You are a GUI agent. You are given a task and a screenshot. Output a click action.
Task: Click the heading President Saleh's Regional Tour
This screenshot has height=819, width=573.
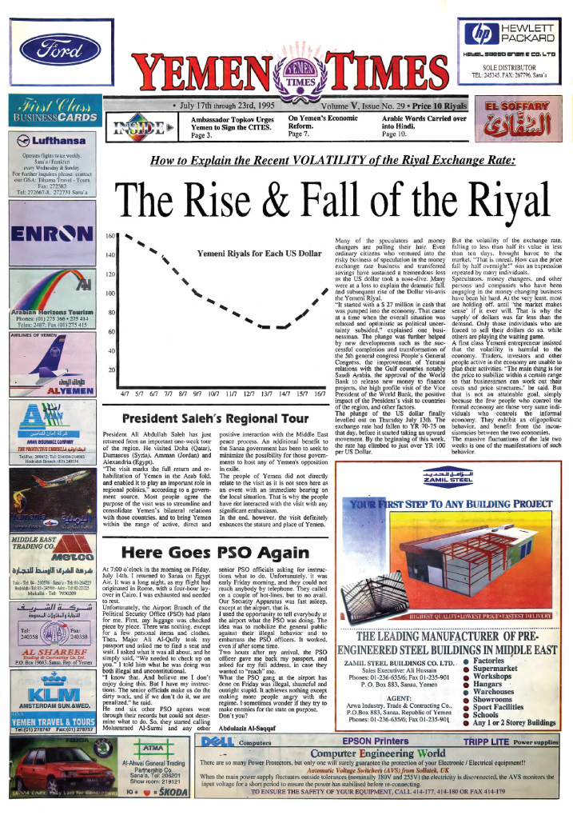[217, 418]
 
